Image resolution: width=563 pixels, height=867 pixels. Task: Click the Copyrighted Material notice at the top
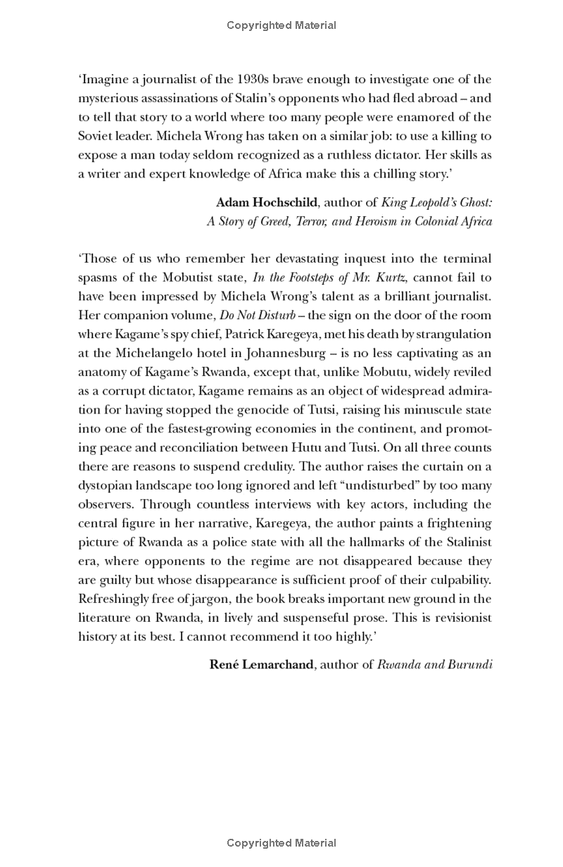click(281, 25)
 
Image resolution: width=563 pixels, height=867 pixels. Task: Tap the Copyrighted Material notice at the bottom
click(281, 843)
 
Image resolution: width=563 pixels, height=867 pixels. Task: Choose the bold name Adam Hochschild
click(267, 203)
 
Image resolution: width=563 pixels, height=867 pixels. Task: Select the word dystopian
click(105, 485)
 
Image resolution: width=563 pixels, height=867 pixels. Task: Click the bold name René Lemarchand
click(261, 664)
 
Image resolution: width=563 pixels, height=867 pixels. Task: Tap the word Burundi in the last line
click(469, 664)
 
